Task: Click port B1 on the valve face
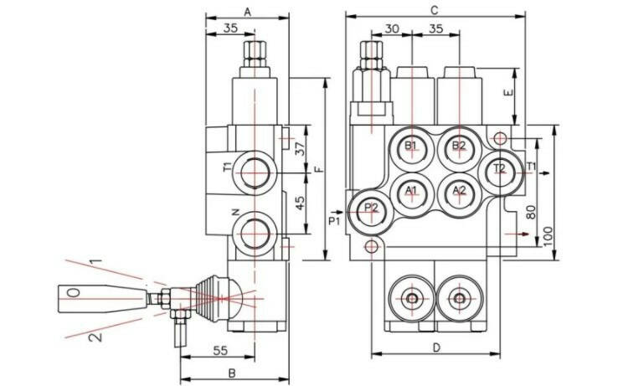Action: click(x=411, y=147)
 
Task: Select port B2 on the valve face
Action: click(x=458, y=147)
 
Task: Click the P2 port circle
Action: click(x=370, y=209)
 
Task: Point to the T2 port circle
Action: click(x=499, y=169)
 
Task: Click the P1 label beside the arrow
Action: click(x=333, y=221)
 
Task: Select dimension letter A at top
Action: click(x=247, y=11)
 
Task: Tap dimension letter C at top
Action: click(x=433, y=11)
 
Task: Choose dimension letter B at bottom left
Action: click(x=231, y=372)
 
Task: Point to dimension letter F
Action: click(x=318, y=170)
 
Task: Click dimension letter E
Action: click(x=507, y=94)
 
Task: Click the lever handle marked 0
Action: click(x=74, y=294)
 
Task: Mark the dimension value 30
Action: click(x=391, y=28)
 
